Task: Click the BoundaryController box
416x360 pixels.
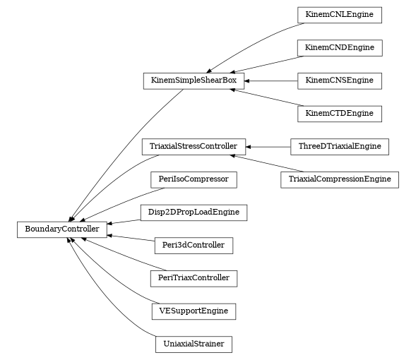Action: click(62, 229)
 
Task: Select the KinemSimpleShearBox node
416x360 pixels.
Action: click(194, 80)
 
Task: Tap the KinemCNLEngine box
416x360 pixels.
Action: click(339, 15)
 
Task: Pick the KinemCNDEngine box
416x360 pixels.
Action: click(339, 48)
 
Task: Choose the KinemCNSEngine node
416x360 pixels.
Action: click(339, 81)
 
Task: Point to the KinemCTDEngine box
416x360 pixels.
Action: click(339, 114)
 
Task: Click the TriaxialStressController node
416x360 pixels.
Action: click(194, 147)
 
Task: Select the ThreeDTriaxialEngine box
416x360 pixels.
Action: click(339, 147)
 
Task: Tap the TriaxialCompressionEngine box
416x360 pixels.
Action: click(339, 179)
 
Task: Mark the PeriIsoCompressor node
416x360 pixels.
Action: click(194, 179)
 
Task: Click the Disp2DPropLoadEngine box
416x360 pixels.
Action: click(194, 212)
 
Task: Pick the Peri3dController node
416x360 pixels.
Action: click(194, 245)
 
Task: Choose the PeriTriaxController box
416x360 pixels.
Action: click(194, 278)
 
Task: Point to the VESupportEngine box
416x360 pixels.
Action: click(194, 311)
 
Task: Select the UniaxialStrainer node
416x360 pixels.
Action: click(194, 344)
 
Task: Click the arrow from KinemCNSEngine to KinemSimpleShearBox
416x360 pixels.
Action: click(271, 81)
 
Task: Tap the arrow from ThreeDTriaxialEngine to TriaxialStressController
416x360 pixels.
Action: click(268, 147)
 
